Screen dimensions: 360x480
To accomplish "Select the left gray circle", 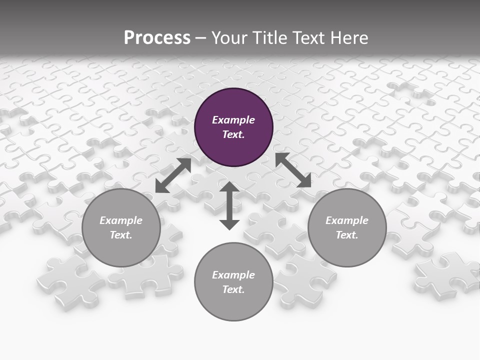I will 121,227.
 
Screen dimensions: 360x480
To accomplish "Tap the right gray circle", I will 347,227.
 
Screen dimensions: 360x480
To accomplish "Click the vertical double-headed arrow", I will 229,205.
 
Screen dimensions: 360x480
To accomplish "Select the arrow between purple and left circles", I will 173,175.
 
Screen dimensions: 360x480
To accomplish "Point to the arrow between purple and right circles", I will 293,170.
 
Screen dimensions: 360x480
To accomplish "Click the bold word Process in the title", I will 157,38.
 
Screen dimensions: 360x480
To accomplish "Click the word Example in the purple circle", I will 233,120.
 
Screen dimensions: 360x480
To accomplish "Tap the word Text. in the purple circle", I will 233,134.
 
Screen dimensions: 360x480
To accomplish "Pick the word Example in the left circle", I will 121,220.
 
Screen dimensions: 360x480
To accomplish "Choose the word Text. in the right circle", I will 347,235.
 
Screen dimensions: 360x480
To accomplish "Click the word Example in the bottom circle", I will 233,275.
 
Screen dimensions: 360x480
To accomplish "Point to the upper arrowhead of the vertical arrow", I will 229,187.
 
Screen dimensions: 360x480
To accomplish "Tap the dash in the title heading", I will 200,38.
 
